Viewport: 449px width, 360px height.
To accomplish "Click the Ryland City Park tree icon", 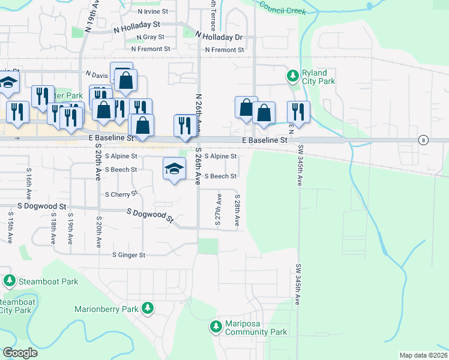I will tap(293, 76).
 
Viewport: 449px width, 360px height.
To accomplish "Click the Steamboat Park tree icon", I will tap(10, 280).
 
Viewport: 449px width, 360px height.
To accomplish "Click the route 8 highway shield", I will tap(424, 140).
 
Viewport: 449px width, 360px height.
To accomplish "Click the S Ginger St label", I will tap(129, 255).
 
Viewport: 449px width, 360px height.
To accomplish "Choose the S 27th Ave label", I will tap(218, 210).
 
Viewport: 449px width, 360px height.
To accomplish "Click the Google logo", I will tap(19, 353).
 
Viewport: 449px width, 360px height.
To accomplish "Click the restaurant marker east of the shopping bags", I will tap(298, 111).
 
